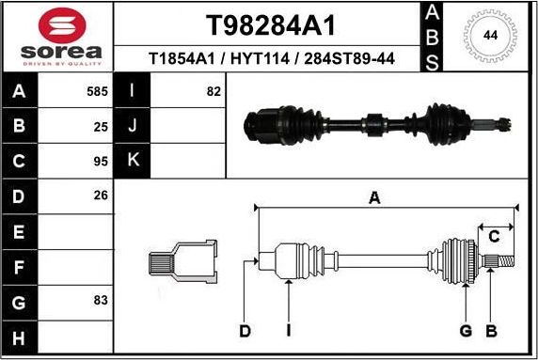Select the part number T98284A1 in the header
271,25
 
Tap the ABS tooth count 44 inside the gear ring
489,36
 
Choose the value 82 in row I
213,91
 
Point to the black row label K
133,161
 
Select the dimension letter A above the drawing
374,197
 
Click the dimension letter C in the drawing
492,237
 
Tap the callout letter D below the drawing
245,330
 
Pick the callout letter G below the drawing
465,330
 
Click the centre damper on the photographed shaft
372,122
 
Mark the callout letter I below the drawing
290,330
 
